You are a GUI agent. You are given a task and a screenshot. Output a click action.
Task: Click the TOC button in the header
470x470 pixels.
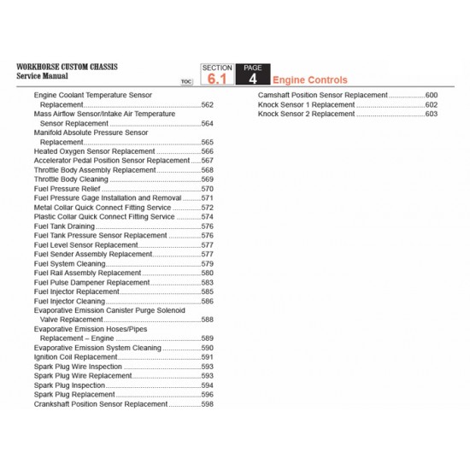187,81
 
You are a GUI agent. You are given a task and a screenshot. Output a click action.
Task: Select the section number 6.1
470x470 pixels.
217,78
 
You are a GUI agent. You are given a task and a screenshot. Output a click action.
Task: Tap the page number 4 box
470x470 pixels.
253,78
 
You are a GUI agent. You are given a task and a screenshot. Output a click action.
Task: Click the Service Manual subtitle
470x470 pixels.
42,75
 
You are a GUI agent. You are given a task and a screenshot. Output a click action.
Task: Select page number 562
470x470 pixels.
207,104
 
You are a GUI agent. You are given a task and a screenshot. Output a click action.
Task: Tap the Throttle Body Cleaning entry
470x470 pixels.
71,179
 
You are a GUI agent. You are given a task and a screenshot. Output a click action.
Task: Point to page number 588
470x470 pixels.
207,320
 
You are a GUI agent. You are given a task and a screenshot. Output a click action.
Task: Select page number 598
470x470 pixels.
207,404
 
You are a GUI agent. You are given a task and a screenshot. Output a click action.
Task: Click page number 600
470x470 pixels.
431,95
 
